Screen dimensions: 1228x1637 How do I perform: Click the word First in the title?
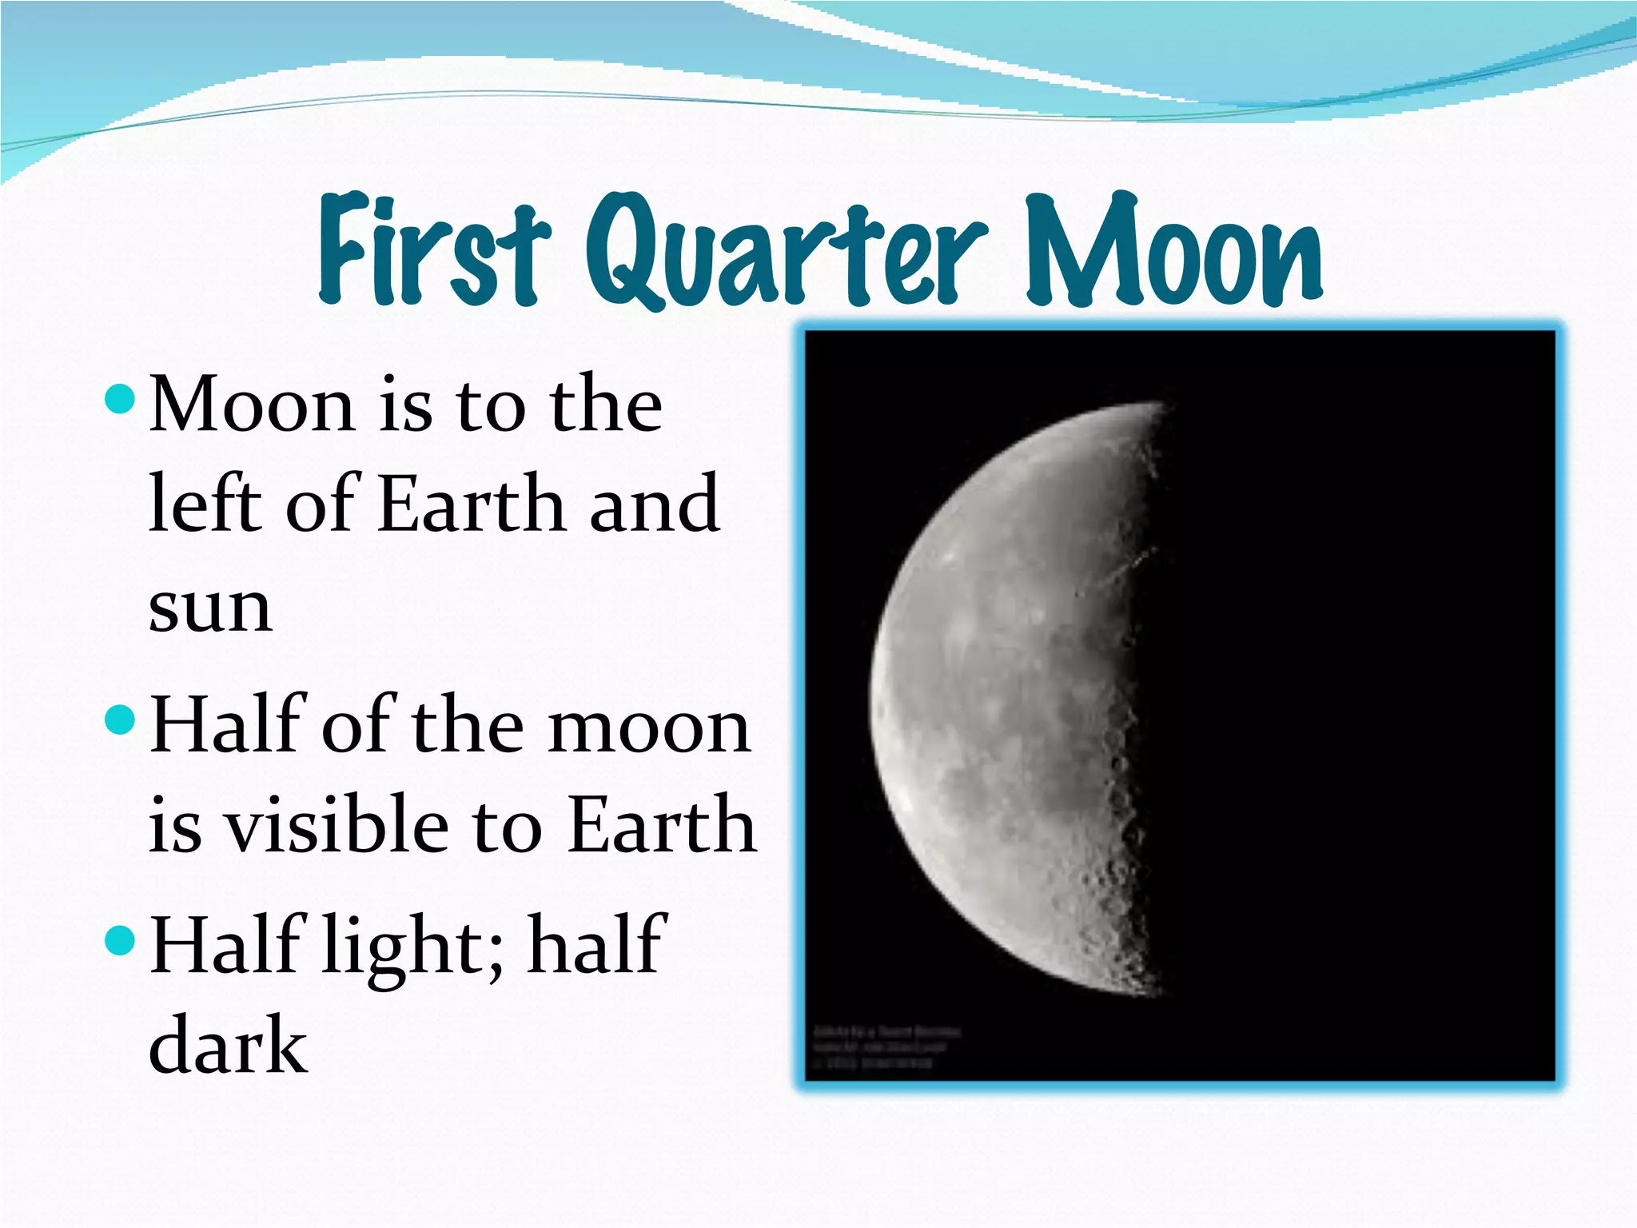tap(434, 249)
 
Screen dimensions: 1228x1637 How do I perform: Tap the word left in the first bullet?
tap(205, 504)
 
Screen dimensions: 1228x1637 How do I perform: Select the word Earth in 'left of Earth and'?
tap(472, 504)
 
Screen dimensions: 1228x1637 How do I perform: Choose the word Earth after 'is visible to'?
tap(662, 825)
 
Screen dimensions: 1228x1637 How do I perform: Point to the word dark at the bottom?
tap(228, 1045)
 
